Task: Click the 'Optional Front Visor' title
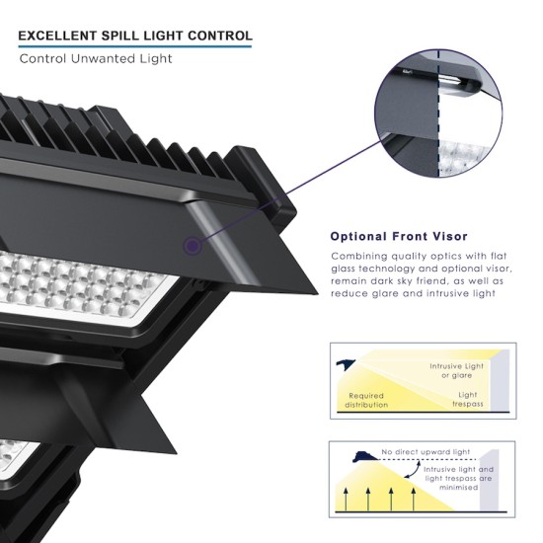pos(399,237)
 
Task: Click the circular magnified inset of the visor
pos(438,113)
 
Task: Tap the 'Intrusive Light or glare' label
pos(456,370)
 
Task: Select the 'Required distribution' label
pos(366,400)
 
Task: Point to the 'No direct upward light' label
pos(426,452)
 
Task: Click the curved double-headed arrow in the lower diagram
pos(413,468)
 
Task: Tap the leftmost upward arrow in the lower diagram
pos(345,499)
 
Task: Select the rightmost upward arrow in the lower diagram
pos(413,499)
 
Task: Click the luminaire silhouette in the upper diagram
pos(345,364)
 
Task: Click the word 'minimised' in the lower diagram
pos(458,488)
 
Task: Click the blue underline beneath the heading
pos(135,46)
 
